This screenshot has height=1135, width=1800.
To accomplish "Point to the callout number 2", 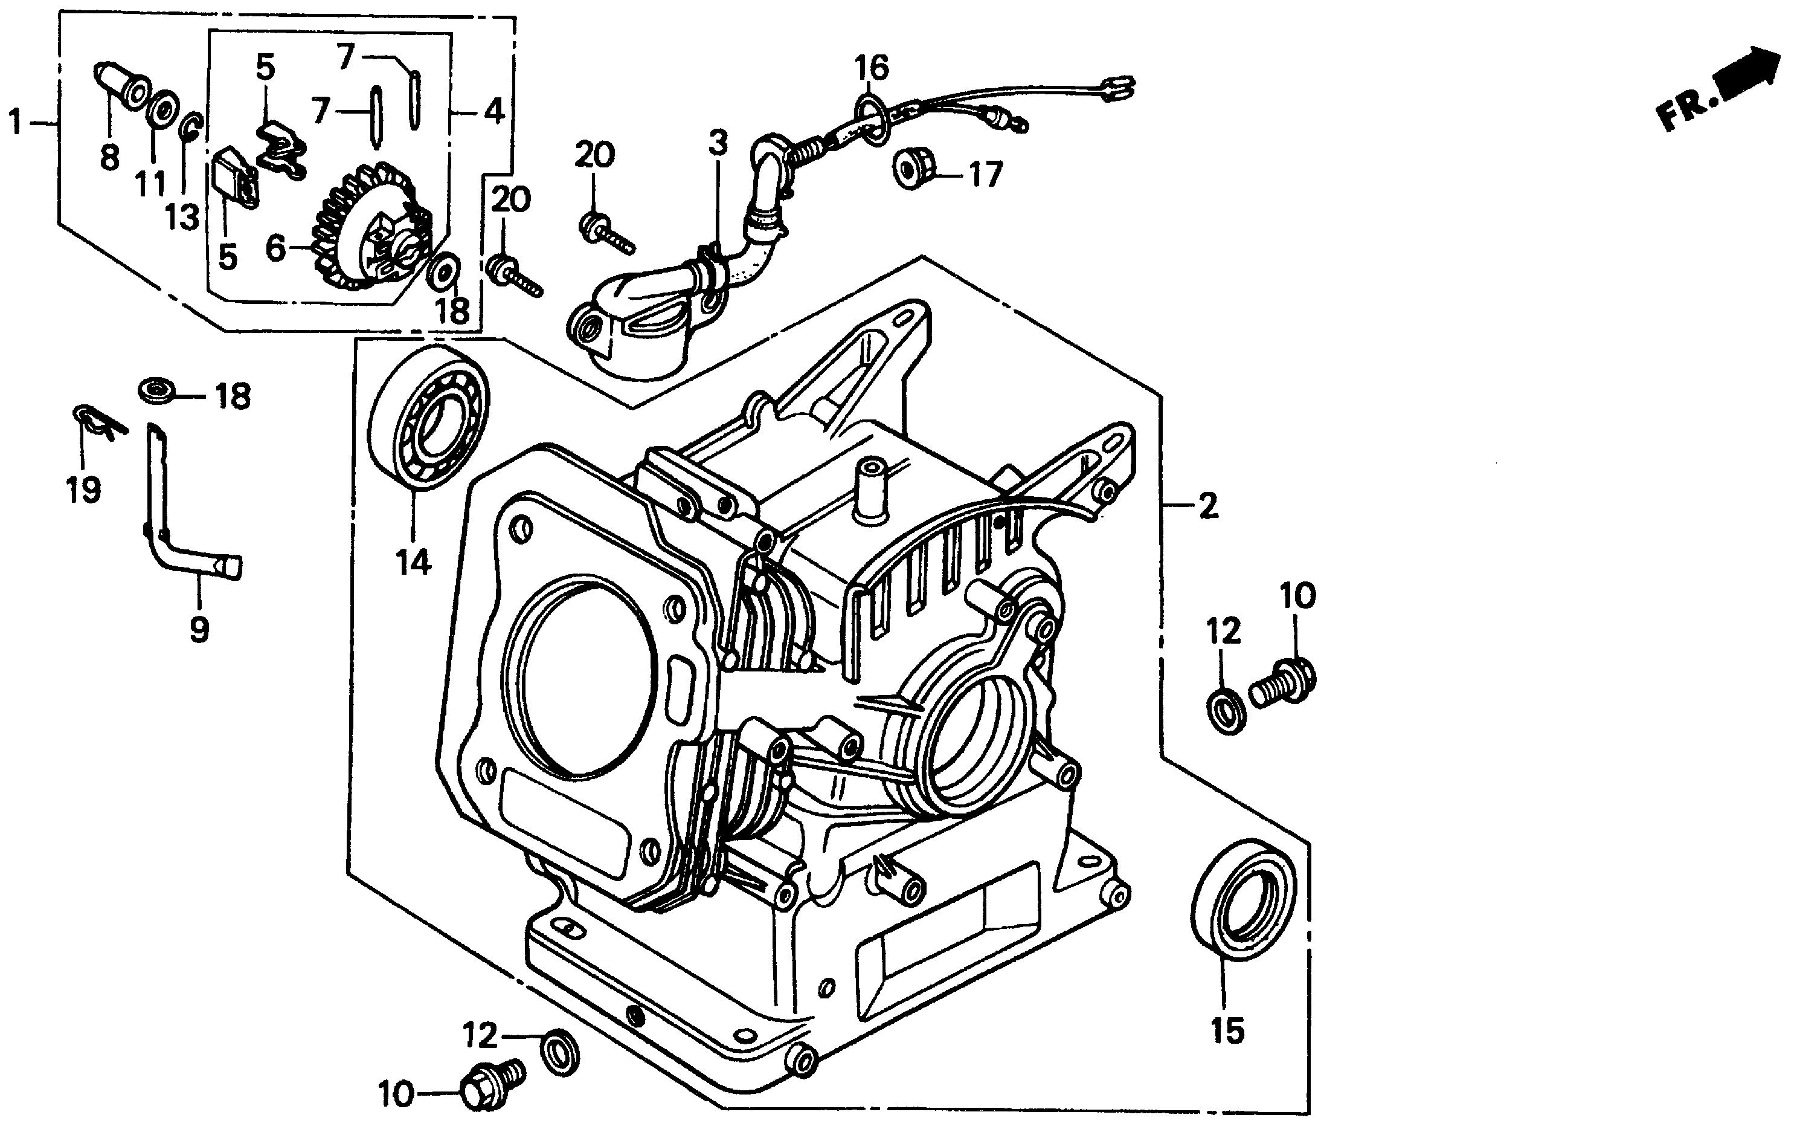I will [1209, 507].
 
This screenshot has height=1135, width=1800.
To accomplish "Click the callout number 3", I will [718, 142].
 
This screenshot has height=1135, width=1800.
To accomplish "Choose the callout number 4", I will [493, 112].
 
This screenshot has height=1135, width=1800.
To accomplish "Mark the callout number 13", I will [182, 217].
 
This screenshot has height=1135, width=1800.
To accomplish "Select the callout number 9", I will [199, 630].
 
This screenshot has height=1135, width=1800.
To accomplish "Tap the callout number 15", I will [1227, 1031].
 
